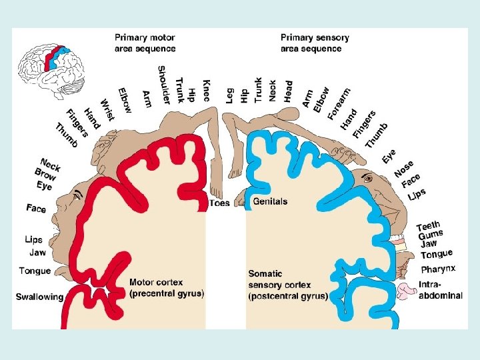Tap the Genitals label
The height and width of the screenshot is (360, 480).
pos(270,201)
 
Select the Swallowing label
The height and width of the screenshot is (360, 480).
pos(39,297)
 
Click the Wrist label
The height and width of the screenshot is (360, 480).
pos(107,109)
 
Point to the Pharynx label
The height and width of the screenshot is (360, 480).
pos(438,269)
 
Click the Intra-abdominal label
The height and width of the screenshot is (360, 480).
pos(440,291)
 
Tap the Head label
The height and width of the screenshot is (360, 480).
pos(289,90)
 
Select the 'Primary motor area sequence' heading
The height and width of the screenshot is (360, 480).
pos(145,43)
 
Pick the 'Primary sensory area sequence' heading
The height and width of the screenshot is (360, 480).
pos(315,43)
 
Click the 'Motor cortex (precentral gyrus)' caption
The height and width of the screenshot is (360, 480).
pos(166,288)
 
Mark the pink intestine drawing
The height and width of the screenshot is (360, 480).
pos(406,291)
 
